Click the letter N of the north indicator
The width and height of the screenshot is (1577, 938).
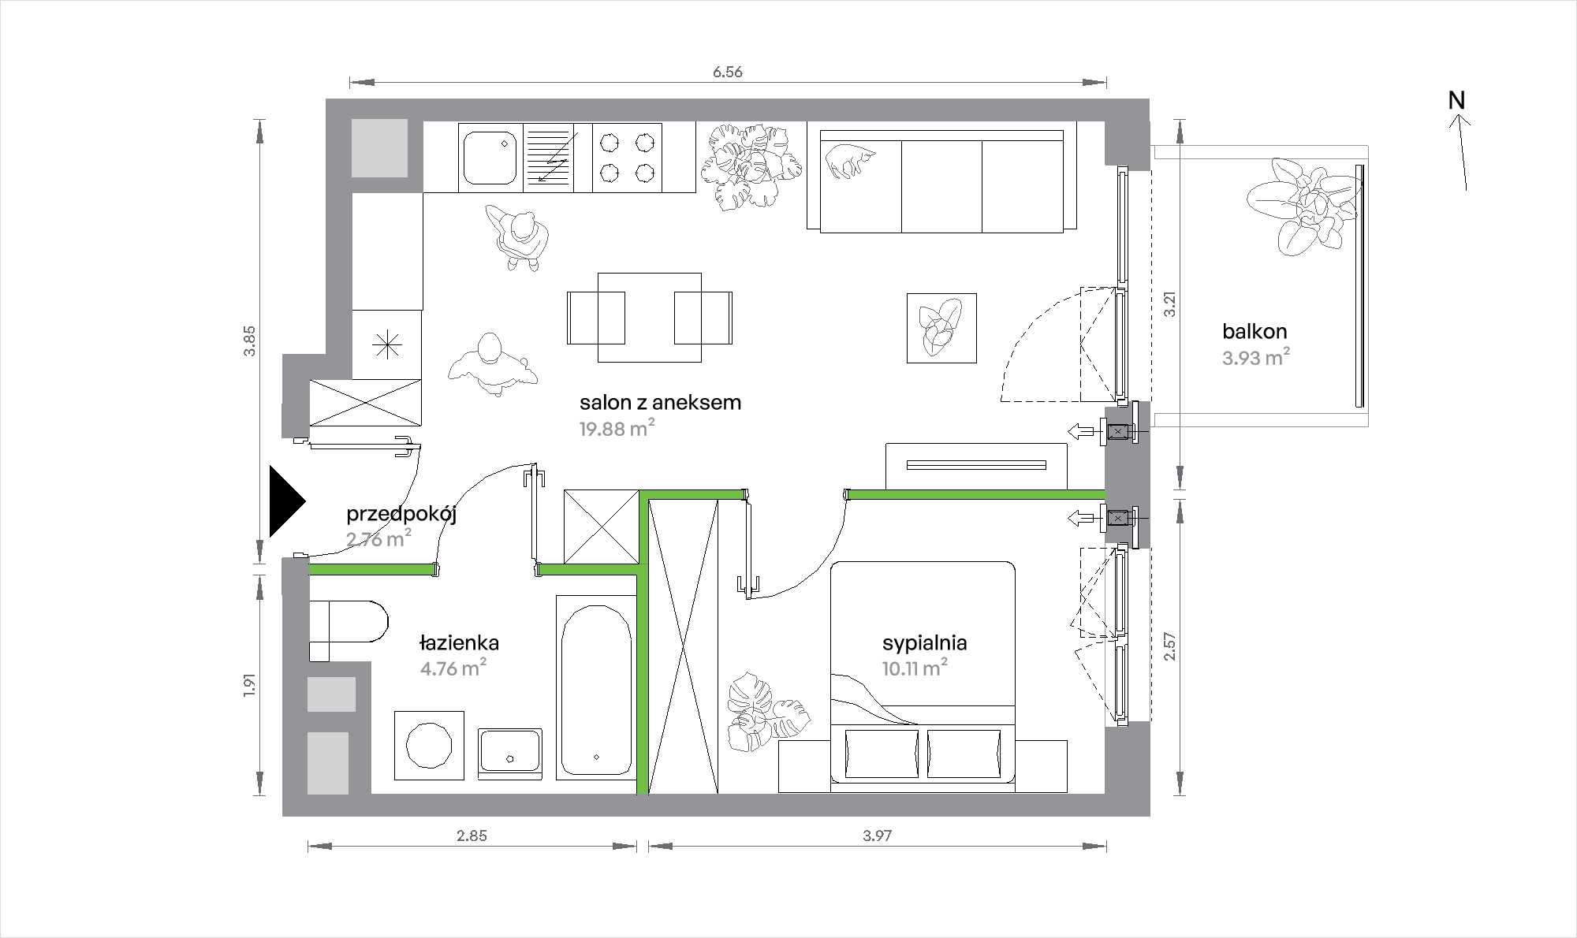point(1456,101)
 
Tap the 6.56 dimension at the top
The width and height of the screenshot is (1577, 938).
point(728,73)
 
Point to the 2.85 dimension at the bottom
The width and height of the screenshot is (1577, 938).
point(472,836)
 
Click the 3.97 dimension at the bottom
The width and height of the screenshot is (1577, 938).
point(877,836)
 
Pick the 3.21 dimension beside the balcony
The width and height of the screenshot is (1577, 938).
point(1171,304)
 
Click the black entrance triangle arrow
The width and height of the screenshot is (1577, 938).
point(287,501)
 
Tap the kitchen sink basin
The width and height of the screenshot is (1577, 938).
point(490,158)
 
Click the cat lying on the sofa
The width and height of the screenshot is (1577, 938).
point(850,160)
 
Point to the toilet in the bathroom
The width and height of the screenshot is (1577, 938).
point(348,631)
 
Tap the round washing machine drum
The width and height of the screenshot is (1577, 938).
point(428,746)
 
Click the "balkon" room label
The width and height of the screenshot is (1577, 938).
point(1255,331)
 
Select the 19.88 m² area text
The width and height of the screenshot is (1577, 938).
point(617,429)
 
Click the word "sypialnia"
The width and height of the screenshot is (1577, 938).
point(925,643)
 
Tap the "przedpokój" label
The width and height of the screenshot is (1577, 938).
point(402,516)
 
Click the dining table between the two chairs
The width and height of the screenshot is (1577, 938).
point(650,317)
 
